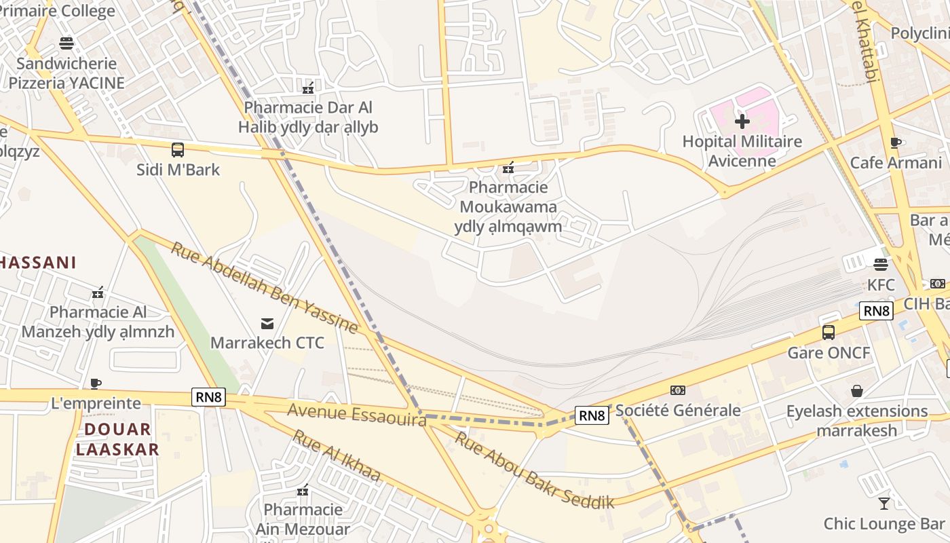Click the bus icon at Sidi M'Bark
coord(178,150)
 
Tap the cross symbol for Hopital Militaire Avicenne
coord(742,121)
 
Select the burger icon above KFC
coord(881,264)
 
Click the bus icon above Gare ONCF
coord(829,333)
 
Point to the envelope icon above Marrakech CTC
coord(267,323)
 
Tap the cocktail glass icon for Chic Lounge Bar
coord(883,504)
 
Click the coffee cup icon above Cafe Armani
coord(896,143)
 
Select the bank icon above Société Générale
coord(677,390)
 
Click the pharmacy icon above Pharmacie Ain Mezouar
coord(303,489)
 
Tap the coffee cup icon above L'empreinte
coord(96,383)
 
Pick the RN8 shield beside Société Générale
coord(592,415)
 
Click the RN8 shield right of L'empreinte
coord(208,397)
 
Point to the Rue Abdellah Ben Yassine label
coord(264,288)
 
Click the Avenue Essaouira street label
coord(356,414)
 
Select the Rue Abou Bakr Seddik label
coord(533,470)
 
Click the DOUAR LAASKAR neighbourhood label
coord(117,438)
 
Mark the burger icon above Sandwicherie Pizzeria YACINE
coord(66,43)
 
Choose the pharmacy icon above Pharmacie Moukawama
coord(508,168)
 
